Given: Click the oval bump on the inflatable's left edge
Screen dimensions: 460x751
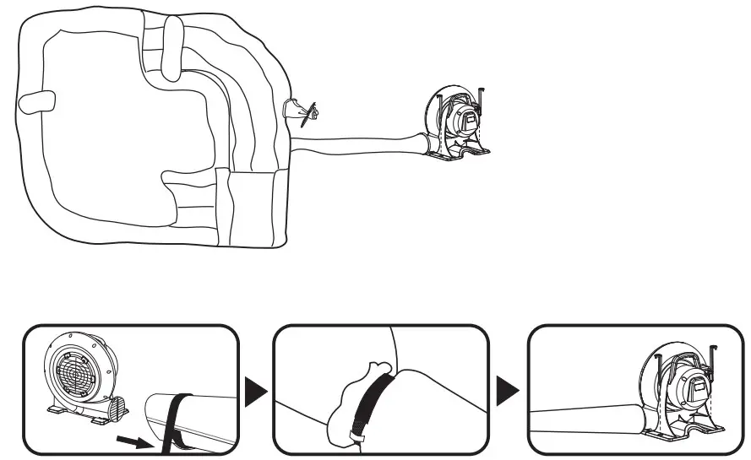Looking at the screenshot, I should point(37,101).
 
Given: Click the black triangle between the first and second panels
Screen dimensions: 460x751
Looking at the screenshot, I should point(256,391).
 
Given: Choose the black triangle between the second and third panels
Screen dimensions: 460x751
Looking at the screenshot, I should point(509,391).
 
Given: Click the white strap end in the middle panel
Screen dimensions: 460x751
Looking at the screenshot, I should point(356,437).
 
